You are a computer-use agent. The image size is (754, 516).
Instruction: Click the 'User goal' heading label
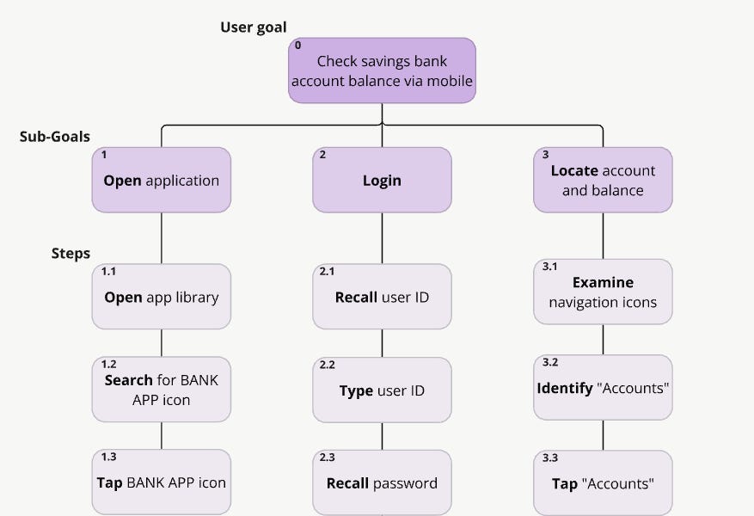click(253, 28)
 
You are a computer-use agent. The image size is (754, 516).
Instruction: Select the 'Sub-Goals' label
click(54, 137)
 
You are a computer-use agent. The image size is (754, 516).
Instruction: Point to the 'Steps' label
click(70, 254)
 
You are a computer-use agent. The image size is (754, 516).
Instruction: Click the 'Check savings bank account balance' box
click(382, 71)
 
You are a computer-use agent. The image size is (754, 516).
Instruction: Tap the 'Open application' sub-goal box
click(162, 181)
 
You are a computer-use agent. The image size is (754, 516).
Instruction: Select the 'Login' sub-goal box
click(382, 181)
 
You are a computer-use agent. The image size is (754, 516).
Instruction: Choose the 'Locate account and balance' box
click(603, 181)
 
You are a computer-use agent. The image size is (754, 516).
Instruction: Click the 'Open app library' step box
click(162, 298)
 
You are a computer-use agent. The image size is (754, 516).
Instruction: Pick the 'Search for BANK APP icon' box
click(162, 390)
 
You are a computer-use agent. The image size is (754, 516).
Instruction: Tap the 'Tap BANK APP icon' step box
click(162, 482)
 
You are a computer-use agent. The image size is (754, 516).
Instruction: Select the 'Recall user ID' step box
click(382, 298)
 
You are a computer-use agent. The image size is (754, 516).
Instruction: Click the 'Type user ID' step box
click(382, 390)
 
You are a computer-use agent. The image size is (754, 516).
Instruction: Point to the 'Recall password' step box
click(382, 483)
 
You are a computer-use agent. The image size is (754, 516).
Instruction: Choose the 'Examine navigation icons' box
click(603, 292)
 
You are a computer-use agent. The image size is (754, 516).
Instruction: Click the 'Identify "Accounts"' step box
click(603, 388)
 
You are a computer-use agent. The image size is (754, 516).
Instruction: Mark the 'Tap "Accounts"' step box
click(603, 483)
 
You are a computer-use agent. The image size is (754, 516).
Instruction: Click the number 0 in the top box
click(298, 46)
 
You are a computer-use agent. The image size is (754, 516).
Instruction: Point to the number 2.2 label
click(327, 365)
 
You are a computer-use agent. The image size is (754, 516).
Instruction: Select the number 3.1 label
click(549, 267)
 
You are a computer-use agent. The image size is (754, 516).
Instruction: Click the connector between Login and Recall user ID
click(382, 238)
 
